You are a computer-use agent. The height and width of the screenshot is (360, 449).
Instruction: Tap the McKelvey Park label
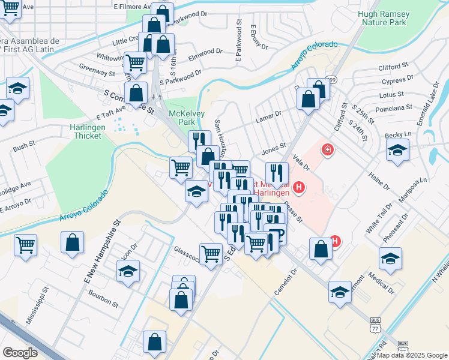[184, 117]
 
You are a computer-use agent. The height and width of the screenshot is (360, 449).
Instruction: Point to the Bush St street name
[24, 146]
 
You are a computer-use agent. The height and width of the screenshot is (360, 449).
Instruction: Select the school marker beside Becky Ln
[397, 151]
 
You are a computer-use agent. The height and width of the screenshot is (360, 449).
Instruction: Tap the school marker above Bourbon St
[128, 271]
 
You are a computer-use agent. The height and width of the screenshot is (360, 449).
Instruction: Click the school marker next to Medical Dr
[391, 258]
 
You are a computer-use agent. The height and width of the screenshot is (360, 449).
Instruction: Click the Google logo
[20, 353]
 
